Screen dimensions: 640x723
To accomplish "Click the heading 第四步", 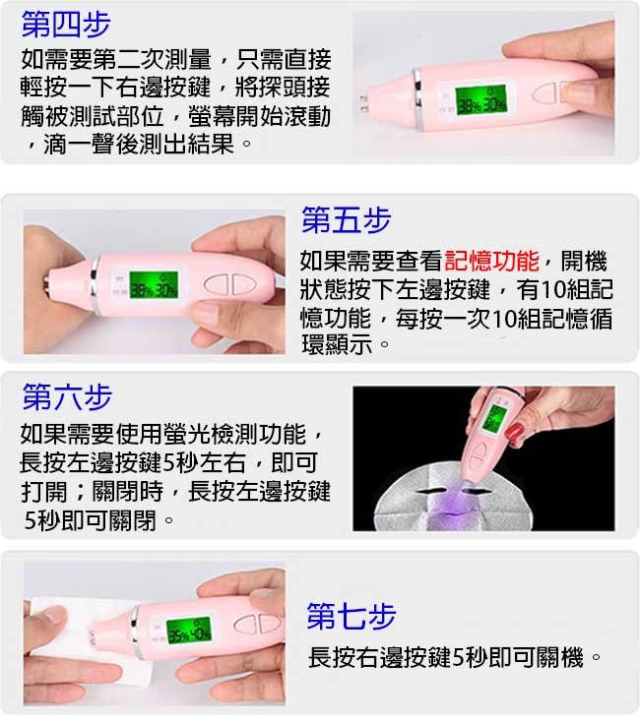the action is click(66, 25).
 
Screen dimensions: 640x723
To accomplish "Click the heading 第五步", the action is click(346, 220).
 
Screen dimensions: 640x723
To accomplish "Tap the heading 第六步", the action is click(67, 396).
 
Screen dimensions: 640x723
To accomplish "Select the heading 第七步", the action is click(352, 616).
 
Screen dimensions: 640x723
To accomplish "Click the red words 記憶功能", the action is click(492, 261).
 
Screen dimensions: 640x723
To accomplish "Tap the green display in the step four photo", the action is click(480, 100).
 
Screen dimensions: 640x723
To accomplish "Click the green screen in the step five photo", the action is click(154, 285).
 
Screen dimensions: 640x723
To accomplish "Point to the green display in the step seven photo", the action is click(189, 631).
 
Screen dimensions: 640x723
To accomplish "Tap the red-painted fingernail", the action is click(515, 431).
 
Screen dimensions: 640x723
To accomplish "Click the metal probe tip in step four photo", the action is click(362, 104).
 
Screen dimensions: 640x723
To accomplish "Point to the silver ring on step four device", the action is click(418, 98).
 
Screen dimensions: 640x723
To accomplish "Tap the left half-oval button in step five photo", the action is click(217, 285).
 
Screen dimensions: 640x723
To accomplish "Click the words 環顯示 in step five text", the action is click(337, 344).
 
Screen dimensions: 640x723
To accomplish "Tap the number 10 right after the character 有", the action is click(552, 289).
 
